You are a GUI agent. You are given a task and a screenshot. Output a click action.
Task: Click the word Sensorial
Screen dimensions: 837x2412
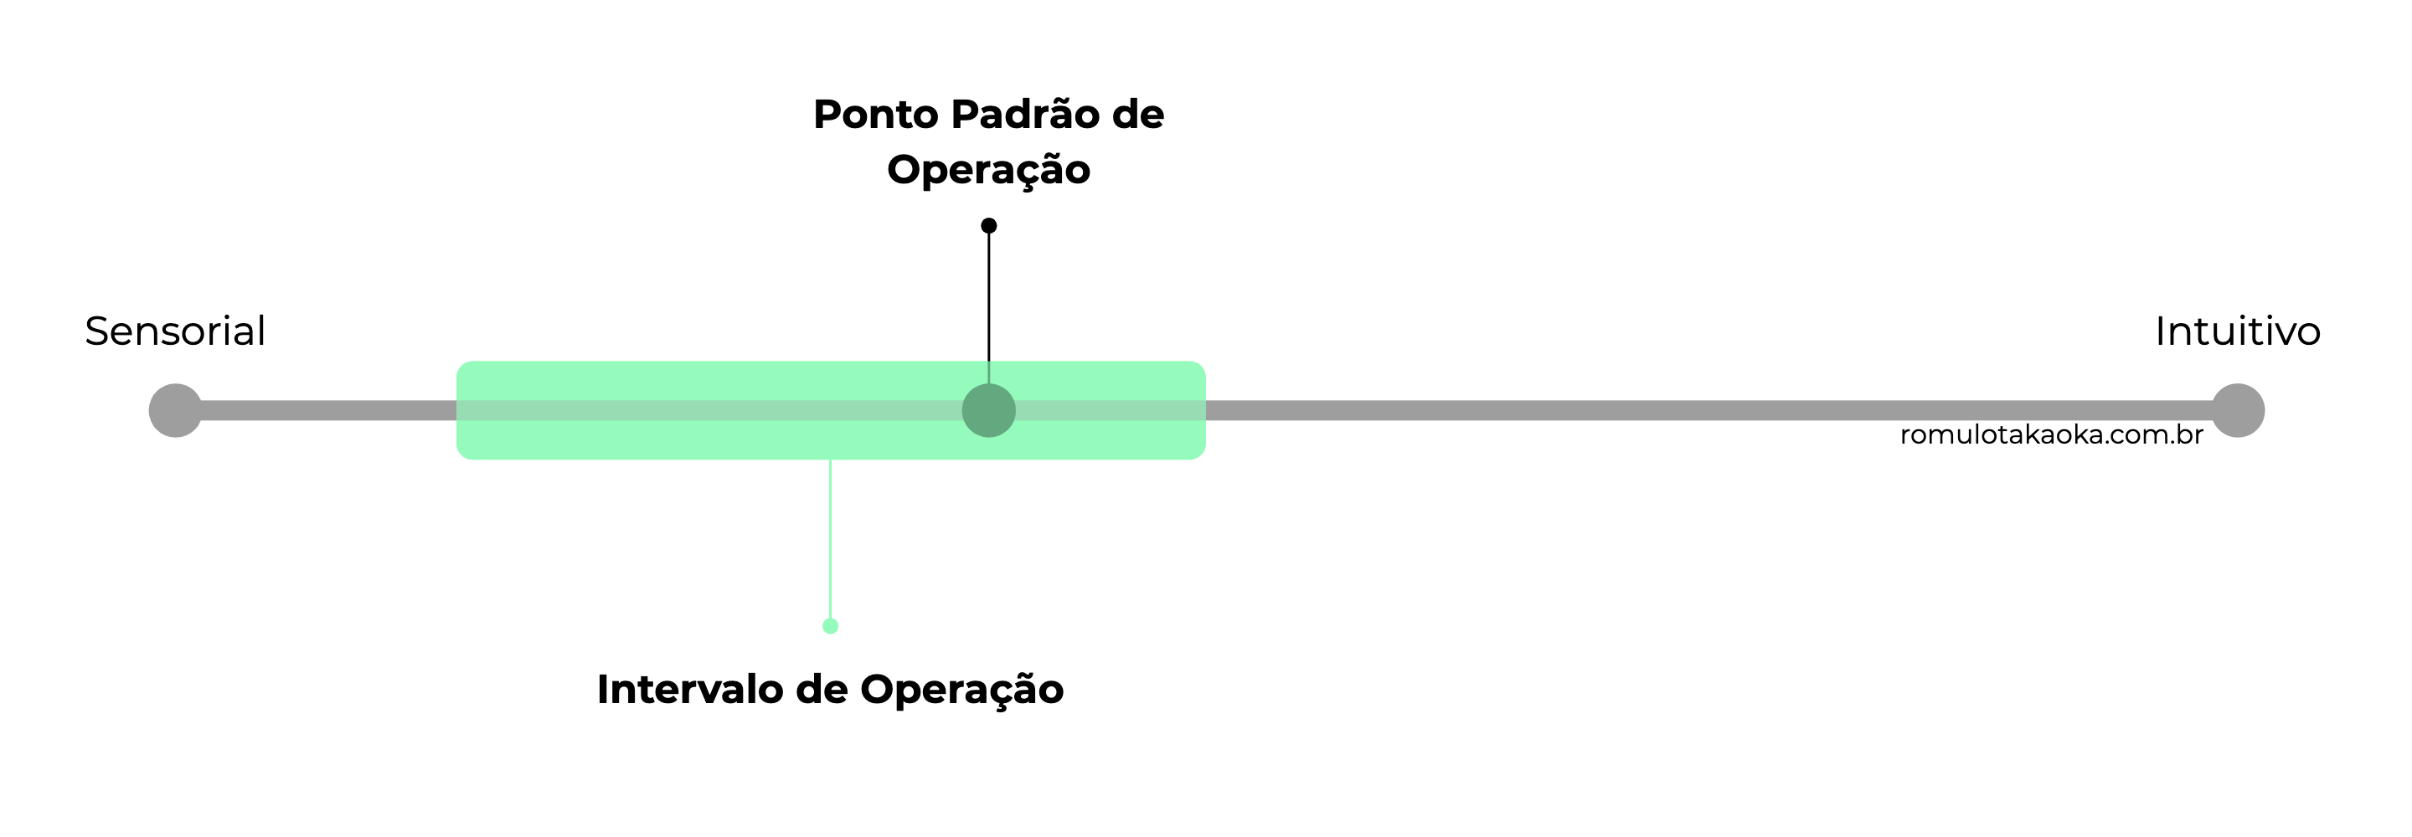click(175, 331)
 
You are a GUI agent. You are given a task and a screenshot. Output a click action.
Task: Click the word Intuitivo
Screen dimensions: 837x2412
click(2237, 331)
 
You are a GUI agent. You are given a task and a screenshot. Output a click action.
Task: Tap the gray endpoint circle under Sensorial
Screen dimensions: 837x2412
click(175, 410)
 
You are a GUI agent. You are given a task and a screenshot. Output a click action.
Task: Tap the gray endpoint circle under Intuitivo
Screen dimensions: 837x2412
click(2237, 410)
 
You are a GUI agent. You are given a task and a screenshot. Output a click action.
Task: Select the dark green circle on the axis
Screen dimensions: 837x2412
click(989, 410)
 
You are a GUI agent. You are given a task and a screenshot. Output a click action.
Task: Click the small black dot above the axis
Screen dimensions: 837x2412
click(989, 226)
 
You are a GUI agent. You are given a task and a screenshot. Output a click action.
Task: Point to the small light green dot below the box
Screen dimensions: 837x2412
click(831, 626)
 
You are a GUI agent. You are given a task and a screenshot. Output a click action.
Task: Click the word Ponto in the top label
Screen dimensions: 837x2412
click(875, 116)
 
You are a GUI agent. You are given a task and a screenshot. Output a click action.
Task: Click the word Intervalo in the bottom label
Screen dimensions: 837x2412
click(689, 690)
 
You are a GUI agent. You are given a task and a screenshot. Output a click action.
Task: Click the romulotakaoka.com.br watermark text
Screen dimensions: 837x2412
click(2050, 435)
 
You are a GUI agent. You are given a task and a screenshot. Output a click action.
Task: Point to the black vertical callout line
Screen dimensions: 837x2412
click(989, 300)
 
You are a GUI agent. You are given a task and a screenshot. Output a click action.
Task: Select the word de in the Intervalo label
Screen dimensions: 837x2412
click(821, 690)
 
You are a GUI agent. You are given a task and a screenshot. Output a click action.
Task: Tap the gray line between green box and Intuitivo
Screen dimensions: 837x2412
click(1685, 410)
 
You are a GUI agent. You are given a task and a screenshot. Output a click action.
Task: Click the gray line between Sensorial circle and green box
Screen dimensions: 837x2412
click(327, 410)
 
